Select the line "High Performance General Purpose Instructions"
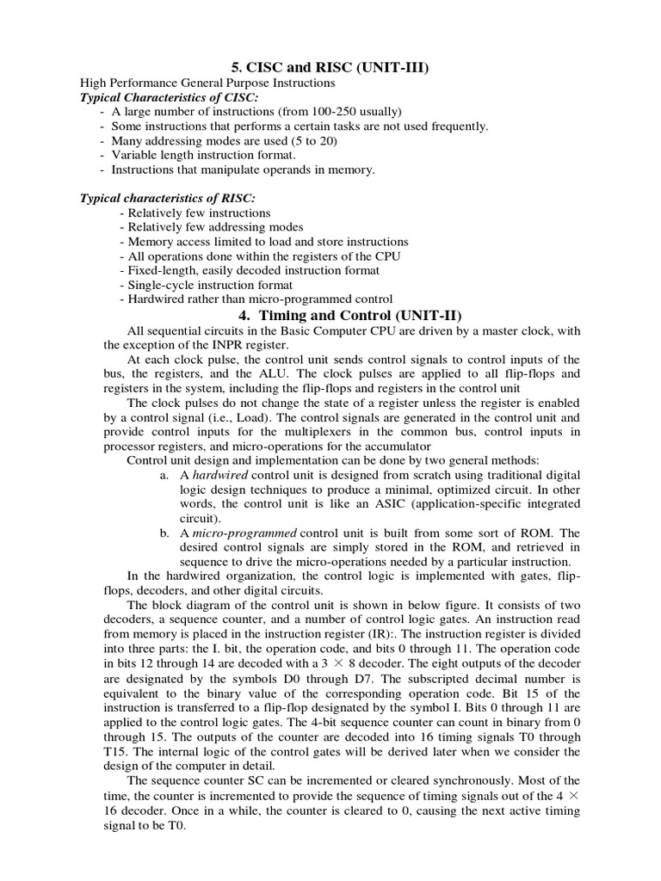[x=207, y=83]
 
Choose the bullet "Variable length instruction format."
[x=204, y=155]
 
